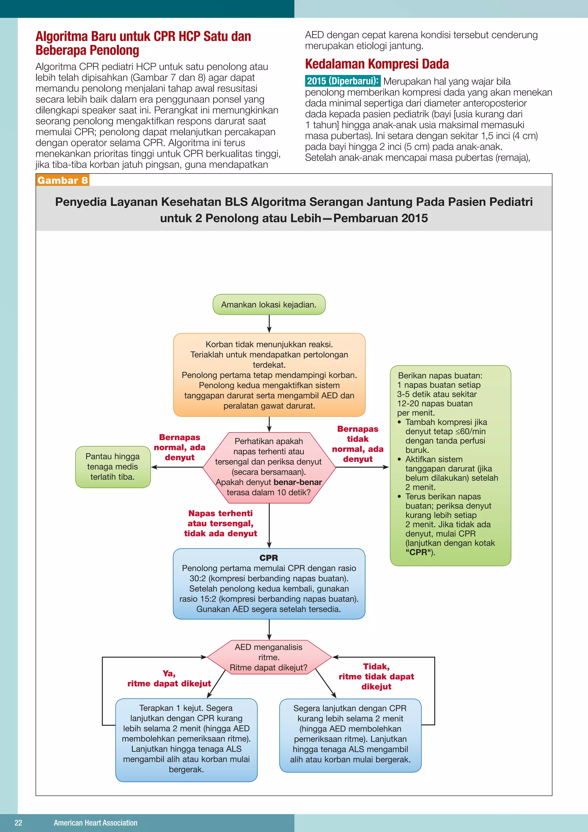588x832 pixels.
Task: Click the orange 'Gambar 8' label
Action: click(63, 180)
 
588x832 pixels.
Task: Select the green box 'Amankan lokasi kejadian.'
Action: click(269, 305)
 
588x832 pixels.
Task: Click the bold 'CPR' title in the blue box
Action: click(269, 558)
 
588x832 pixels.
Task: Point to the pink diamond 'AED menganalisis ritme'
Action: click(269, 657)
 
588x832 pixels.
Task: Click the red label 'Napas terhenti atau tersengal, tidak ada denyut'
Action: click(220, 523)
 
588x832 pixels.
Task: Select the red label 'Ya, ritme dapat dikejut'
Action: click(169, 678)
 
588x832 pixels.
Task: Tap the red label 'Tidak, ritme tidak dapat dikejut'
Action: click(376, 676)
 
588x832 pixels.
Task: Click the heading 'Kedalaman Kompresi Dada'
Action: click(377, 64)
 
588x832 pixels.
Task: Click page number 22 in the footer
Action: click(18, 823)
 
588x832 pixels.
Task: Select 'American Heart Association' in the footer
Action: click(96, 823)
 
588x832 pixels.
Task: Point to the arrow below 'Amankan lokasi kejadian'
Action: click(269, 323)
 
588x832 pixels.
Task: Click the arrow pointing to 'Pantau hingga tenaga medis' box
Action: click(177, 467)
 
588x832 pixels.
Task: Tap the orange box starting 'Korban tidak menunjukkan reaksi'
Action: click(269, 375)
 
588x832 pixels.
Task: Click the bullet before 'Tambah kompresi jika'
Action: click(399, 422)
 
